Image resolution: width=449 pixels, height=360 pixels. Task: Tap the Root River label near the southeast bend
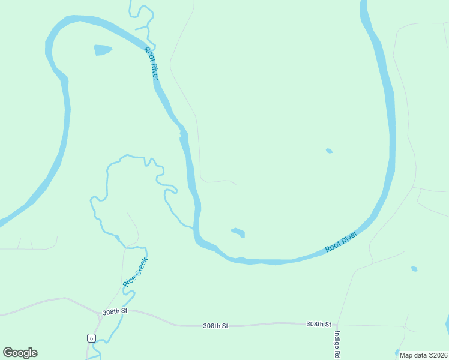341,242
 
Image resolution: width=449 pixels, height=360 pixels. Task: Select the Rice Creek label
135,272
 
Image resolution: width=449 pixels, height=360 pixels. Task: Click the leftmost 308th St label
115,312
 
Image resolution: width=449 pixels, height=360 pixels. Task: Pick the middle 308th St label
215,326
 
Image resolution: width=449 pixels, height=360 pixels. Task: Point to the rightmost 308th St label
319,324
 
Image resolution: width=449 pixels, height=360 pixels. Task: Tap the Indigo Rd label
337,344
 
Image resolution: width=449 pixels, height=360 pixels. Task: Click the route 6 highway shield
91,338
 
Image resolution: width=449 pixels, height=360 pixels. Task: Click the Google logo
20,353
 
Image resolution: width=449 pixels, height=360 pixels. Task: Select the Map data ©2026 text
423,355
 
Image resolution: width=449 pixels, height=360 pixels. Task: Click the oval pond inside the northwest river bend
103,50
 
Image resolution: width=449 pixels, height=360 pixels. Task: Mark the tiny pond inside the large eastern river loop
328,151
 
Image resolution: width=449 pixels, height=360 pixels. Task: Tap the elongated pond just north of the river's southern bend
238,232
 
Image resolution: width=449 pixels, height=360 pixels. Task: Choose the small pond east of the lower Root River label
414,269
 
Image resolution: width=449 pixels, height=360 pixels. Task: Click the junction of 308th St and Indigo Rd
336,325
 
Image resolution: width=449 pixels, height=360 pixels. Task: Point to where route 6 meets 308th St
99,313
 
